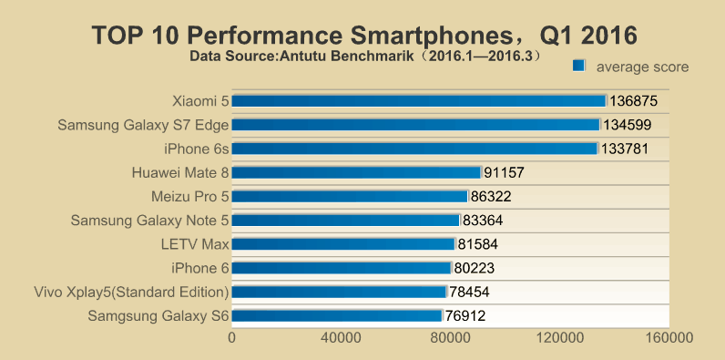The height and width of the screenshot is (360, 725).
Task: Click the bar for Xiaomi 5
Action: (419, 100)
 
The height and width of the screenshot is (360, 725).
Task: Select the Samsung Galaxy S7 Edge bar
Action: (416, 124)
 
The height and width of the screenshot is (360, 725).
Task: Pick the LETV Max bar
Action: (343, 243)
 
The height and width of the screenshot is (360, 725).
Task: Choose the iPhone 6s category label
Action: (196, 148)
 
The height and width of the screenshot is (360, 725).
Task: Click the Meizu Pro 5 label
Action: (189, 196)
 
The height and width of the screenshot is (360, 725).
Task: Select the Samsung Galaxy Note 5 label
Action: (149, 220)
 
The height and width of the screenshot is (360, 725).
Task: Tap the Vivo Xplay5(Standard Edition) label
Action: (129, 292)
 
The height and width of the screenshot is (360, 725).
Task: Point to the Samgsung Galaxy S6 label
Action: (158, 315)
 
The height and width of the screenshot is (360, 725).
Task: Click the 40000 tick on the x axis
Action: (342, 338)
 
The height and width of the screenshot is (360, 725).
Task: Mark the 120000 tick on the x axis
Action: (560, 338)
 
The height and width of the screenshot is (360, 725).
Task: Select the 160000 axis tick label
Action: (669, 338)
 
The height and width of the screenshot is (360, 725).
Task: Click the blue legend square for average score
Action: (578, 65)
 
